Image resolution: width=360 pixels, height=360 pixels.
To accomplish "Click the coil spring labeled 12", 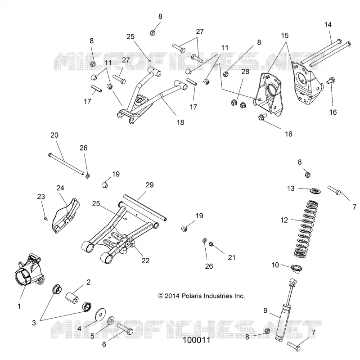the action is (306, 229).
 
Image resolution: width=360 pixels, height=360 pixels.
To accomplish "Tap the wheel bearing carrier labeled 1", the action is (29, 270).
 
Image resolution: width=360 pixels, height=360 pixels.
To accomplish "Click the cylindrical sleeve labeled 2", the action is (72, 298).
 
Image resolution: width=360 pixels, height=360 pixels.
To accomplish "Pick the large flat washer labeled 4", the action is (100, 314).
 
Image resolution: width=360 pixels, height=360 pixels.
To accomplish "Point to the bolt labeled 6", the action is (125, 329).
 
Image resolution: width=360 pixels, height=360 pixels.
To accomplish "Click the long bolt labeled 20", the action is (66, 164).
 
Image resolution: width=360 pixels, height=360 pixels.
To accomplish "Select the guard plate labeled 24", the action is (65, 216).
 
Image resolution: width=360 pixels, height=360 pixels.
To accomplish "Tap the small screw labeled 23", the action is (46, 219).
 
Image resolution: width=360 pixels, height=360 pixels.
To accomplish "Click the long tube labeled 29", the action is (145, 207).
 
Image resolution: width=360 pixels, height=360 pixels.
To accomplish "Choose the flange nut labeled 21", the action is (211, 244).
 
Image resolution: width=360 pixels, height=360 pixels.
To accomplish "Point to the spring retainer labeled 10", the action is (297, 268).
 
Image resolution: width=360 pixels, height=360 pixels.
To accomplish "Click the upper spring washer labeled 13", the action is (315, 190).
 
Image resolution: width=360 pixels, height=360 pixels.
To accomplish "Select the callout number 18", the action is (180, 122).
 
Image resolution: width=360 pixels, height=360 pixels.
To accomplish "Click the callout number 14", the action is (328, 25).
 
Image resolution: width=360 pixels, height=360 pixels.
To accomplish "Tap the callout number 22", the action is (145, 261).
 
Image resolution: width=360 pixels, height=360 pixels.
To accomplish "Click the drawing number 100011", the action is (197, 340).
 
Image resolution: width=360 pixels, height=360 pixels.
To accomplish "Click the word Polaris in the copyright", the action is (190, 296).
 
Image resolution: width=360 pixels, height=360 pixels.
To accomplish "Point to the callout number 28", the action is (245, 72).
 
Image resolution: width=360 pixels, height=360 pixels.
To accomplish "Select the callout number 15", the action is (285, 36).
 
